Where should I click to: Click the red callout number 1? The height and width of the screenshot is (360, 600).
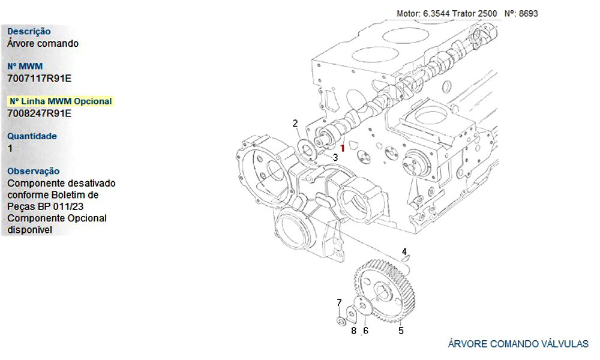coord(342,147)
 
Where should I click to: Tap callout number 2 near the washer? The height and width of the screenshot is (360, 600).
coord(295,124)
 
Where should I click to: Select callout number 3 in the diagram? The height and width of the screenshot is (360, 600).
coord(335,157)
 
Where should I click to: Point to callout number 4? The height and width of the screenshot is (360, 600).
coord(404,251)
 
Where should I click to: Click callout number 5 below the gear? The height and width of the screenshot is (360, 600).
coord(401,330)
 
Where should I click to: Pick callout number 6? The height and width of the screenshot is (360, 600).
coord(365,330)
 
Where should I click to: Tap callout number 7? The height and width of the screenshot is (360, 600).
coord(339,302)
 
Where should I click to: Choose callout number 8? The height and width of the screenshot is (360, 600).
coord(353,330)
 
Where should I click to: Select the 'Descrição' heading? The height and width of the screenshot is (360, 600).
coord(29,31)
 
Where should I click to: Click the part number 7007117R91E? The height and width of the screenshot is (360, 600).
coord(39,78)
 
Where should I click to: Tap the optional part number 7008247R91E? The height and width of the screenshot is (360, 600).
coord(39,113)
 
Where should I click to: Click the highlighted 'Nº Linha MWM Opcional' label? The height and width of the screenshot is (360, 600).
coord(60,101)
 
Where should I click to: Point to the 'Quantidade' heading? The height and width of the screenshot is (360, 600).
coord(32,136)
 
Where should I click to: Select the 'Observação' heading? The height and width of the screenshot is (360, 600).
coord(34,171)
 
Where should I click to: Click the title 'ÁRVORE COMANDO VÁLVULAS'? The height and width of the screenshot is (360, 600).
coord(518,344)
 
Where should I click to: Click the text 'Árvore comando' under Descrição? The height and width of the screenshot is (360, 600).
coord(43,43)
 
